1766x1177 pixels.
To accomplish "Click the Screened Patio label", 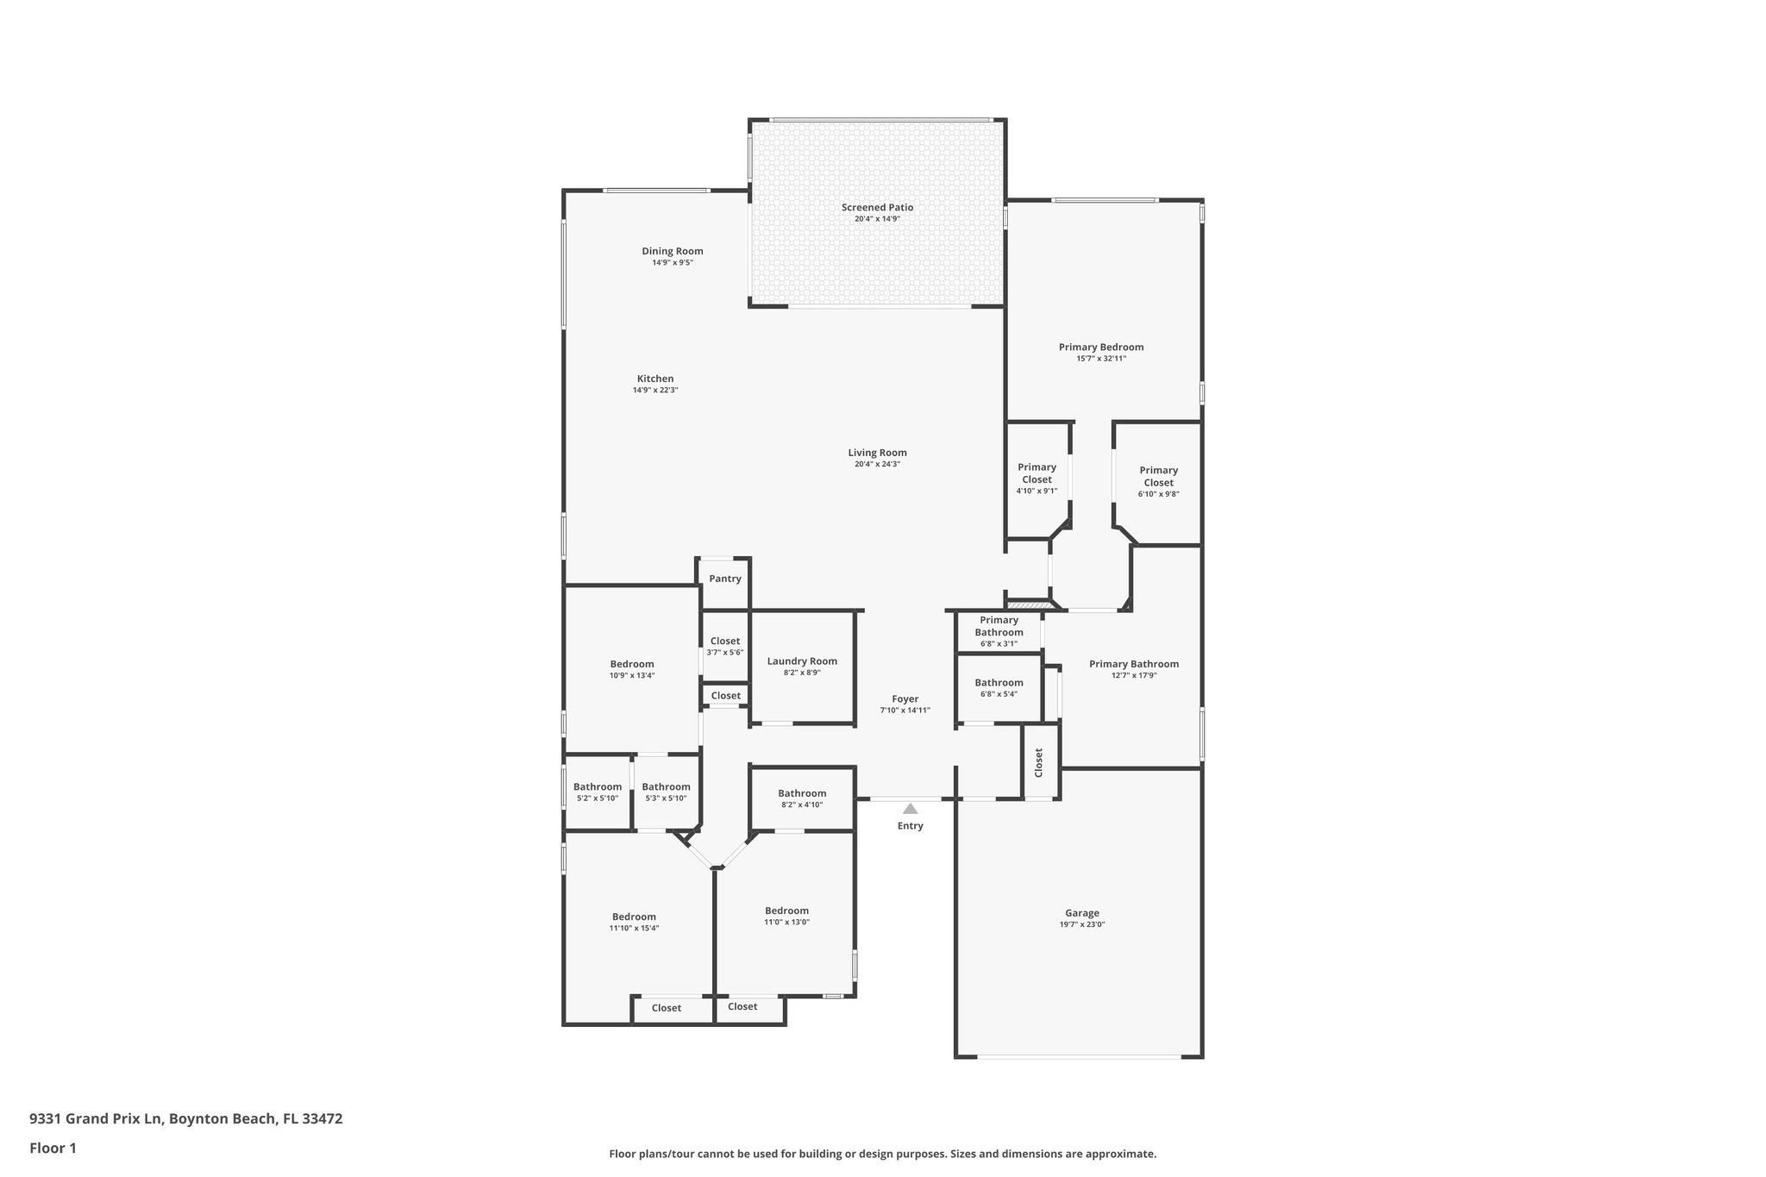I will click(x=877, y=208).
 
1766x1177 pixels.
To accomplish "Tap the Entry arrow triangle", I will click(x=910, y=809).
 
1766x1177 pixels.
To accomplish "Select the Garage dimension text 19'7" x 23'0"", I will click(x=1081, y=924).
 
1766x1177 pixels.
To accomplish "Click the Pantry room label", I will click(x=725, y=579).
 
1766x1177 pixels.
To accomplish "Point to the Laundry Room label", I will click(x=802, y=661).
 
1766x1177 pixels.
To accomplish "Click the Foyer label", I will click(x=905, y=699).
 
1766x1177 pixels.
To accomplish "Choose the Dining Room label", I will click(x=672, y=252).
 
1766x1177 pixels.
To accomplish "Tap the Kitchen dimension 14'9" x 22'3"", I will click(x=655, y=390).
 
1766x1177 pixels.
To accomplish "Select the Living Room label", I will click(x=877, y=453).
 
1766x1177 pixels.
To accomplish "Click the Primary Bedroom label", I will click(x=1101, y=347).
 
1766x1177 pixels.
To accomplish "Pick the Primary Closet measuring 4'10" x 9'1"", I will click(x=1036, y=479).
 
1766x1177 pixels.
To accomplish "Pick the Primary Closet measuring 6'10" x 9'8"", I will click(x=1158, y=482).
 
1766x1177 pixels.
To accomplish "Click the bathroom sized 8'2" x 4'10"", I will click(x=802, y=798).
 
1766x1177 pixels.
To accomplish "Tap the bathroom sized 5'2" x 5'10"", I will click(x=597, y=792).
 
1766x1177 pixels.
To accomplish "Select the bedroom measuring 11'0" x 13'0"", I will click(x=786, y=916).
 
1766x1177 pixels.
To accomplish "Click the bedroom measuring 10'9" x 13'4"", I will click(x=632, y=669).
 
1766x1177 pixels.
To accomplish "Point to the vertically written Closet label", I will click(x=1039, y=762).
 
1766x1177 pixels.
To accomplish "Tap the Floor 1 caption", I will click(x=53, y=1148).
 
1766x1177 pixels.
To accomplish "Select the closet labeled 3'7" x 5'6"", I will click(x=724, y=646).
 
